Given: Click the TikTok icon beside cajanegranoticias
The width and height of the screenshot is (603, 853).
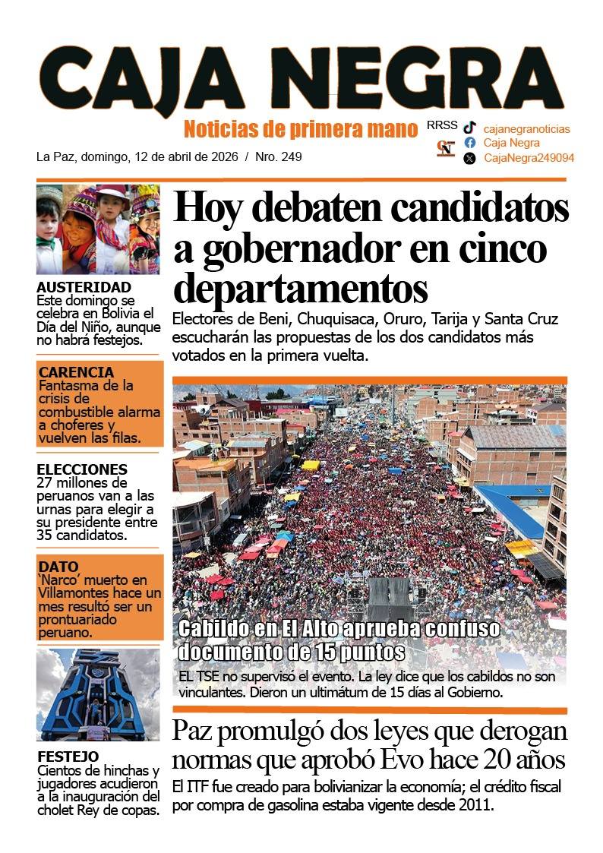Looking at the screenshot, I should (x=470, y=128).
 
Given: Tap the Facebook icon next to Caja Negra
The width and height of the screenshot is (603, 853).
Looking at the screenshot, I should (x=470, y=143).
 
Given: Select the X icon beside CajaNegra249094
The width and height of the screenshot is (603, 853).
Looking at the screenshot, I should (x=470, y=158).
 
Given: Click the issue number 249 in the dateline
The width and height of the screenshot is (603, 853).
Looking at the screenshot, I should (x=292, y=157).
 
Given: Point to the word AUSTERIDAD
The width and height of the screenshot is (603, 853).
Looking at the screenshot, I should (x=84, y=287).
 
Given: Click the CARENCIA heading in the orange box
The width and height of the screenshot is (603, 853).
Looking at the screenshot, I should (x=76, y=372).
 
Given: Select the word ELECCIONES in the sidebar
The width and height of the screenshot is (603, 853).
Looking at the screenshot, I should (x=82, y=469).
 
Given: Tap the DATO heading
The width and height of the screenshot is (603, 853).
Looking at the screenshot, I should (x=58, y=566).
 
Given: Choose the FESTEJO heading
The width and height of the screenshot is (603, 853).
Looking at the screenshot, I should (x=68, y=757).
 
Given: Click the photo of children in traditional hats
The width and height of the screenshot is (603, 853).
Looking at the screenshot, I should (x=98, y=229).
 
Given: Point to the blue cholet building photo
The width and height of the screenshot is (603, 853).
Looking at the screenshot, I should (x=98, y=694).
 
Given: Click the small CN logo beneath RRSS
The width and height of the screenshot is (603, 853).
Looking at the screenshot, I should (x=446, y=149).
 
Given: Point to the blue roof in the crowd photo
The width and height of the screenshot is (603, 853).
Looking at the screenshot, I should (x=516, y=509).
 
